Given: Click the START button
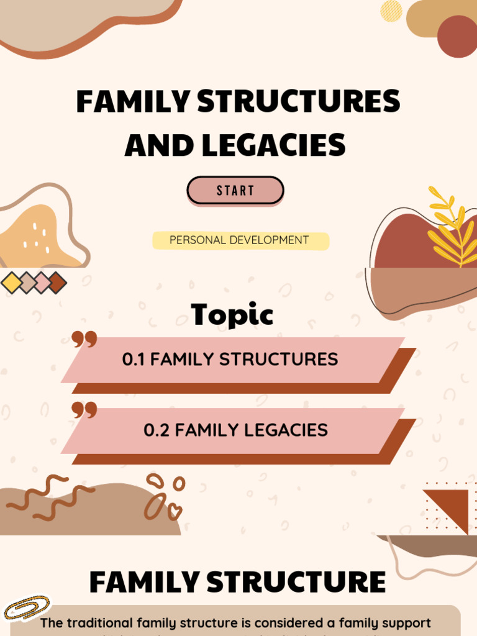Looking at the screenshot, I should pos(235,191).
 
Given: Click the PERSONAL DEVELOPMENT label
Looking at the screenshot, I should pos(239,240).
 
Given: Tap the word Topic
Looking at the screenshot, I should pos(232,315).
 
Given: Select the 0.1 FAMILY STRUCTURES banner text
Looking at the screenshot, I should pos(230,359).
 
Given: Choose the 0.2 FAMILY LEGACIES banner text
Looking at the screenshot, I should pos(235,430).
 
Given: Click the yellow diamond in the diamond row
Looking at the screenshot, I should pos(11,283).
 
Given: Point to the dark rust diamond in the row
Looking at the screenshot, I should pos(57,283).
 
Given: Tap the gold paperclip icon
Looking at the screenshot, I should pos(26,607).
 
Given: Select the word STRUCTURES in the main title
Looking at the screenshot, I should pos(299,102).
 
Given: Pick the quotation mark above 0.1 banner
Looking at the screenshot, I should pos(84,339).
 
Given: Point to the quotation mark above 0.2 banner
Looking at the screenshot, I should pos(84,410).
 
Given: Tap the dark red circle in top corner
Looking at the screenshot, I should pos(457,36).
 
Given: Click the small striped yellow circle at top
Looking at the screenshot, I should pos(391,11).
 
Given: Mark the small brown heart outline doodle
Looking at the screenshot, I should pos(175,511).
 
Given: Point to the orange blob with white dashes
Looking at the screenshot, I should pos(37,236).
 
